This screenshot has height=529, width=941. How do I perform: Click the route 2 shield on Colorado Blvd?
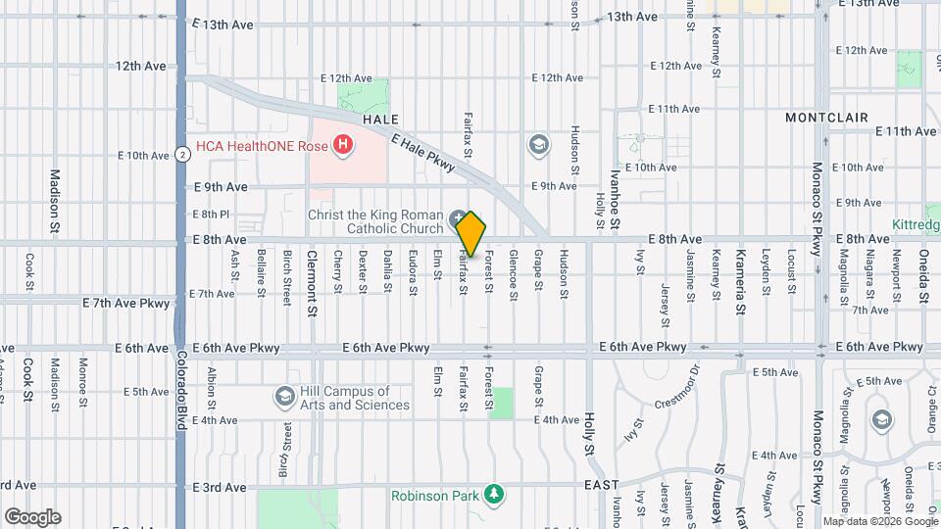coord(182,154)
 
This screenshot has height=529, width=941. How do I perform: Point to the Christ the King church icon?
coord(458,216)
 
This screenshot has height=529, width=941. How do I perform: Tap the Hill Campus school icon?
coord(284,396)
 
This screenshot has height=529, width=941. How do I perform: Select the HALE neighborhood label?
coord(380,119)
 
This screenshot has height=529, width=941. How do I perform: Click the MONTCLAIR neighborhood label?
coord(827,118)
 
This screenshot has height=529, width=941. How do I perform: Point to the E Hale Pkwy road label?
coord(422,154)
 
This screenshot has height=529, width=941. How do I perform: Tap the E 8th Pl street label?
coord(211,214)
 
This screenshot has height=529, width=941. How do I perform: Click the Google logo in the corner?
coord(32,517)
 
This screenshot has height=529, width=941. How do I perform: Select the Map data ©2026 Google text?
coord(880,520)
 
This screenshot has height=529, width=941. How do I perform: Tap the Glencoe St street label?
coord(514,268)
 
